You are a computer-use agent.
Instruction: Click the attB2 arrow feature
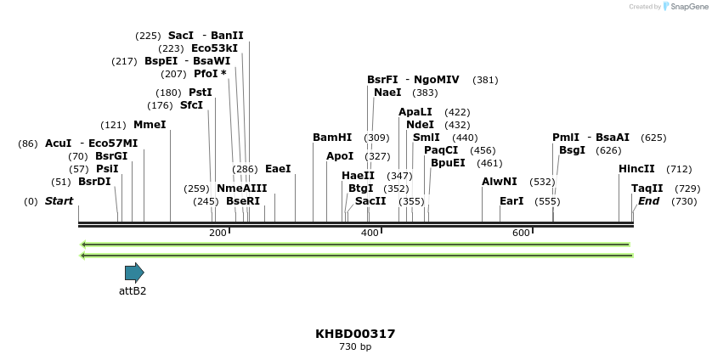tap(134, 273)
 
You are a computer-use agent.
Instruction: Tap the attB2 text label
tap(133, 291)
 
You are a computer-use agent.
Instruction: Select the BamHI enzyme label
tap(332, 138)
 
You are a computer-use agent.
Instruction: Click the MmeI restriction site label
tap(150, 125)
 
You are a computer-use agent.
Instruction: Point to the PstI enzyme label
tap(201, 93)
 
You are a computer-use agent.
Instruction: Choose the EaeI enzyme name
tap(278, 169)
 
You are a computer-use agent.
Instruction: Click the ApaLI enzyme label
tap(415, 112)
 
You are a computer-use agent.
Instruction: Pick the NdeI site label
tap(420, 125)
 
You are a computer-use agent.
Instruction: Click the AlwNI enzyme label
tap(500, 182)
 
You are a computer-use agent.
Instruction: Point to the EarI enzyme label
tap(511, 201)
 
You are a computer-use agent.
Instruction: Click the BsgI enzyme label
tap(572, 150)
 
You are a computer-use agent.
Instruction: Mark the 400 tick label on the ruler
tap(370, 233)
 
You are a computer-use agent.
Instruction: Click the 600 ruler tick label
tap(521, 233)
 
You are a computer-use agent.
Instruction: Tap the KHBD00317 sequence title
tap(355, 334)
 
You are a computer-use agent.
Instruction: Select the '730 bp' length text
tap(355, 346)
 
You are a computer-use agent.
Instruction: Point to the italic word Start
tap(59, 201)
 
